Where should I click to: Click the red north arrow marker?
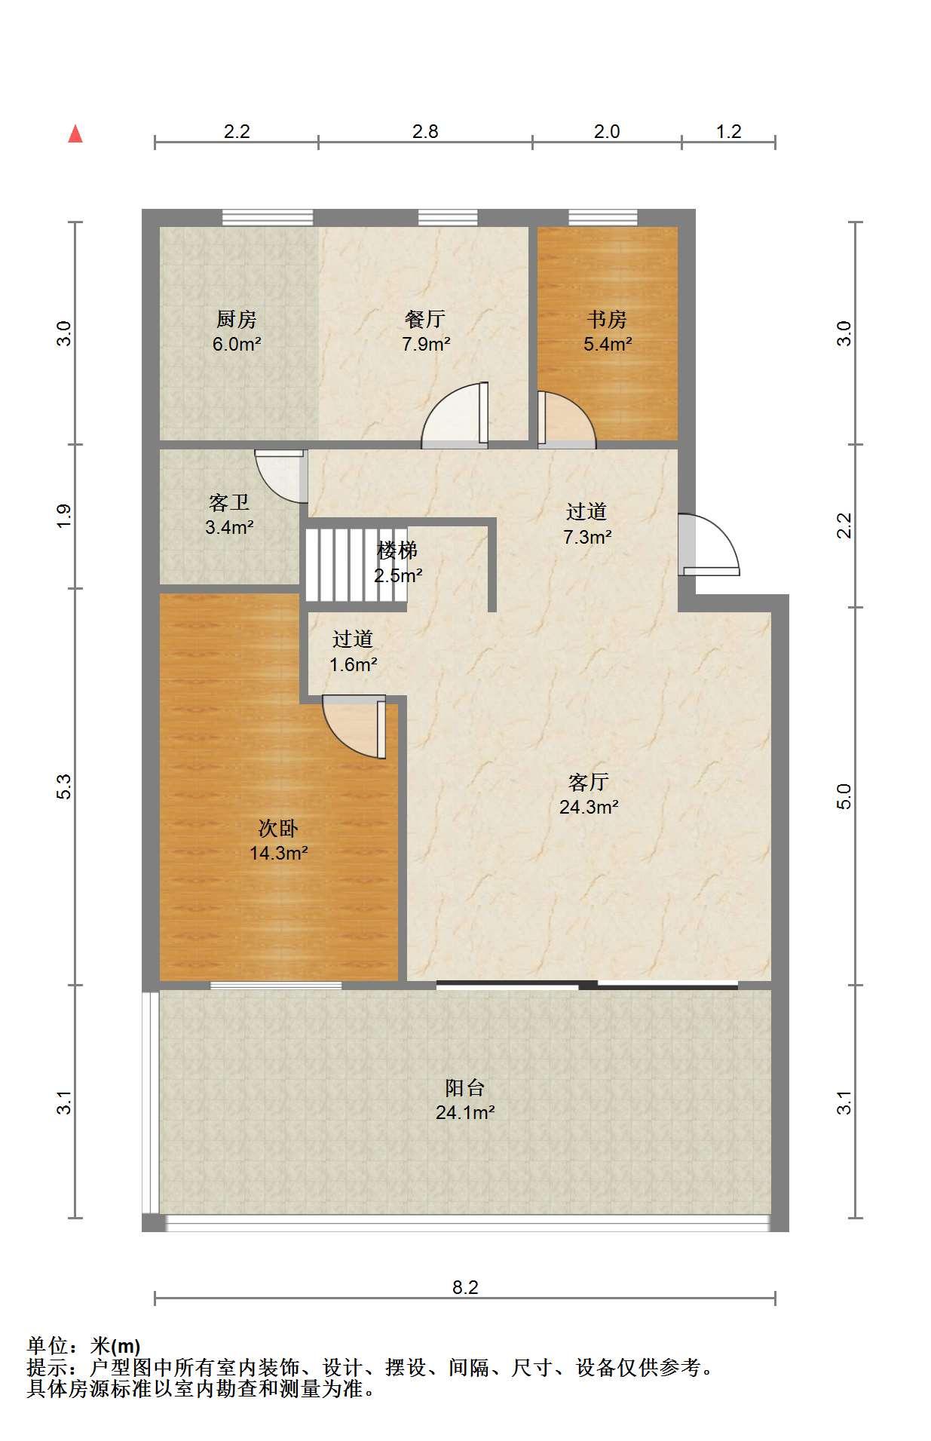pyautogui.click(x=75, y=133)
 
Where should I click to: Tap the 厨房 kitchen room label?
pyautogui.click(x=237, y=320)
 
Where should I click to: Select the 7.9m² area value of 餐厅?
pyautogui.click(x=426, y=345)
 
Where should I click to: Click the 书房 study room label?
pyautogui.click(x=607, y=320)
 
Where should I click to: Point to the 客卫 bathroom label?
pyautogui.click(x=229, y=502)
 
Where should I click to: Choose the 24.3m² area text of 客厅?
pyautogui.click(x=589, y=808)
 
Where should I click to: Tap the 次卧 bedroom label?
pyautogui.click(x=278, y=829)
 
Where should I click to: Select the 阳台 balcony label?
pyautogui.click(x=464, y=1087)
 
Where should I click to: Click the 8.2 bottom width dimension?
pyautogui.click(x=465, y=1287)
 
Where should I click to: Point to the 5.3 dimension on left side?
pyautogui.click(x=65, y=786)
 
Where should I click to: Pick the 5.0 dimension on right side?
pyautogui.click(x=844, y=796)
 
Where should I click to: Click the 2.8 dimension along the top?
pyautogui.click(x=425, y=132)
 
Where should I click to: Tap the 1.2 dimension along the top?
pyautogui.click(x=728, y=132)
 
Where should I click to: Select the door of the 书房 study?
pyautogui.click(x=566, y=419)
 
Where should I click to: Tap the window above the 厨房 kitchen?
pyautogui.click(x=268, y=218)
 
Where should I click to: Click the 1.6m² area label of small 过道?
pyautogui.click(x=354, y=665)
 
